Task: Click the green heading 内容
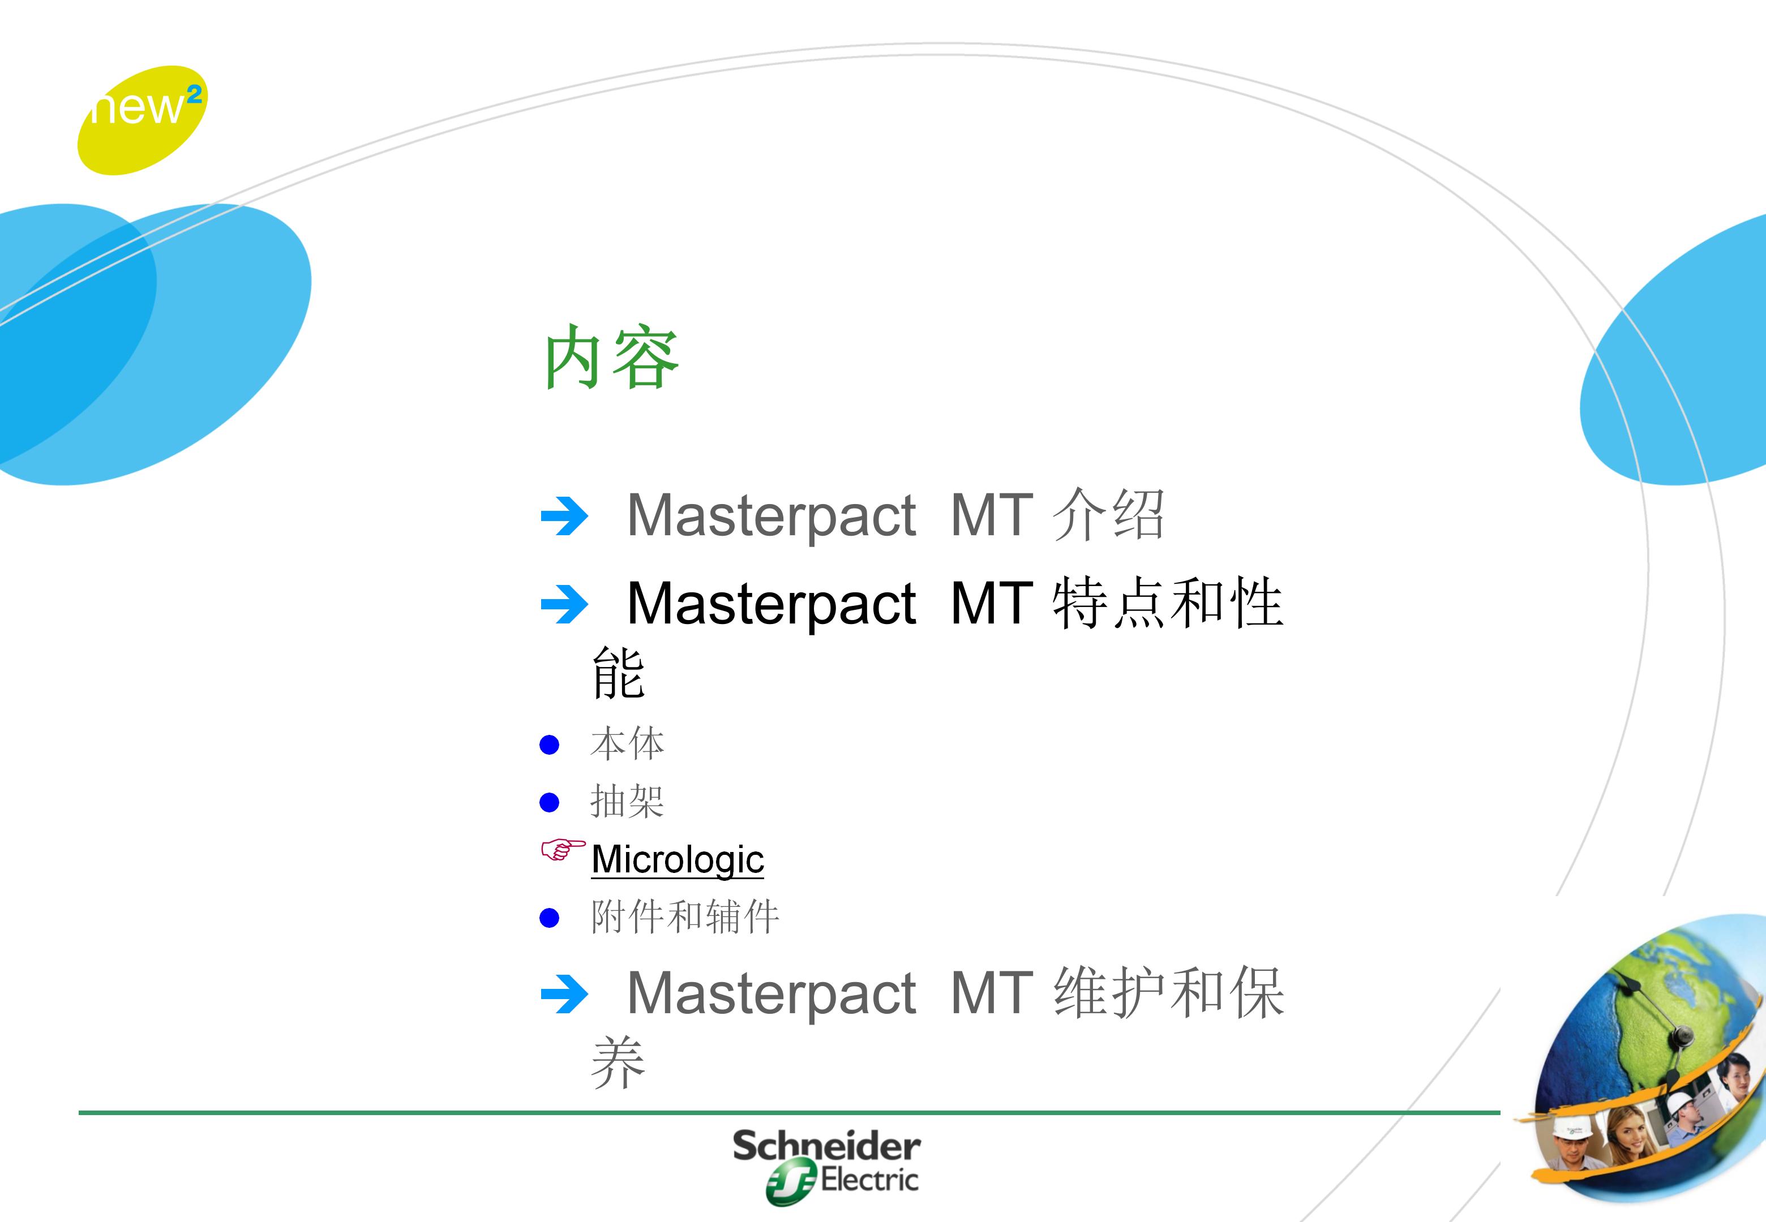611,357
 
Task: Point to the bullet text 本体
627,744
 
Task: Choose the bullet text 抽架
627,802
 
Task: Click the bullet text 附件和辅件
685,917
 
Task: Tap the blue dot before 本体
549,745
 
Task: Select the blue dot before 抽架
549,802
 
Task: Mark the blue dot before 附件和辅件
549,918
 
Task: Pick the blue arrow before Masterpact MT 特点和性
564,605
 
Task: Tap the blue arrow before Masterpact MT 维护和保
564,995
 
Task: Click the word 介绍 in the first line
1108,514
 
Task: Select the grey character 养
618,1062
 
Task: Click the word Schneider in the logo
826,1146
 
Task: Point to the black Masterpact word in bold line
771,605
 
